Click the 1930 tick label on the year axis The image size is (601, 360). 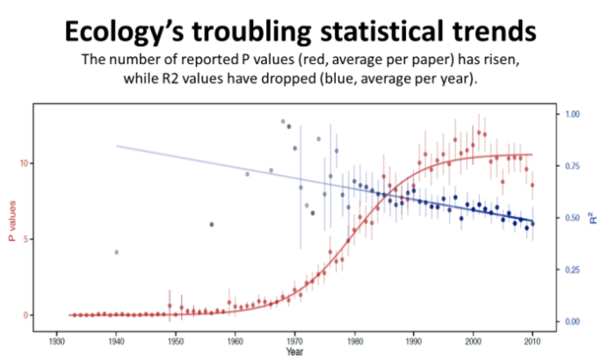tap(56, 341)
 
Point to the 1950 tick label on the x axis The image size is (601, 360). tap(176, 341)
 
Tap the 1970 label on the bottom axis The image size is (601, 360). tap(294, 341)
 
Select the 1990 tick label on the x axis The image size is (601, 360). tap(414, 341)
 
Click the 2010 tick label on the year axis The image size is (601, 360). tap(532, 341)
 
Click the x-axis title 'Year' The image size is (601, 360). tap(294, 351)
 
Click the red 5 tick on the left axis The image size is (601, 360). tap(25, 239)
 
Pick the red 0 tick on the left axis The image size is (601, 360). tap(25, 314)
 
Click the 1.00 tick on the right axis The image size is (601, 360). tap(572, 114)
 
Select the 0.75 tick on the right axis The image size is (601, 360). tap(572, 166)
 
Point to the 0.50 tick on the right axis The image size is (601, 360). tap(572, 218)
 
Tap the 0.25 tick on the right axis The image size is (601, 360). tap(572, 270)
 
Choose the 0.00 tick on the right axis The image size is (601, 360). tap(572, 321)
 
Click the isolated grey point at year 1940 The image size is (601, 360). tap(116, 252)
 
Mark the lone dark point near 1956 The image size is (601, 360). tap(212, 224)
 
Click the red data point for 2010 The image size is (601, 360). tap(532, 185)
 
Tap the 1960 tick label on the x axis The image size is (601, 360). tap(235, 341)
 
